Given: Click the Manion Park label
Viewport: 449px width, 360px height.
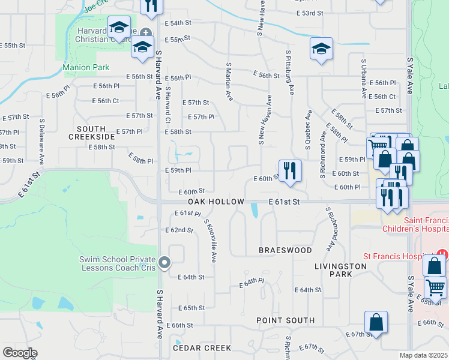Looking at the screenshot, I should [x=86, y=68].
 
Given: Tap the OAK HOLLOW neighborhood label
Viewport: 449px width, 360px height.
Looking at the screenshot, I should [x=216, y=202].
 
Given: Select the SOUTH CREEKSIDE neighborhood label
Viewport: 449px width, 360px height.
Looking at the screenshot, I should [x=91, y=133].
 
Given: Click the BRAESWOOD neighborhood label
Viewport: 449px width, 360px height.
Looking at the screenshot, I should [x=285, y=250].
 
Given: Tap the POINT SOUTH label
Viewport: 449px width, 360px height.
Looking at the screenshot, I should [x=285, y=320].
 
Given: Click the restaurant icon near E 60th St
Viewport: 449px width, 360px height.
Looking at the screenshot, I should [x=290, y=170].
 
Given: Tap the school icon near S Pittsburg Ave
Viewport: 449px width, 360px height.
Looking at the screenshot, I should [x=321, y=49].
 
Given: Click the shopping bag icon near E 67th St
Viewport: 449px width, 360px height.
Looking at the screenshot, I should [x=376, y=322].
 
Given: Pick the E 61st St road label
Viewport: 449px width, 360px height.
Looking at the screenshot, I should [x=284, y=202].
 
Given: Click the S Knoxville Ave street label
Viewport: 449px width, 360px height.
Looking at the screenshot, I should [x=210, y=240].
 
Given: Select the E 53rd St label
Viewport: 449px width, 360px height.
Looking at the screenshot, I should [x=310, y=13].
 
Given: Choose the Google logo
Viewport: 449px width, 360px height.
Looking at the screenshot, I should [x=20, y=353].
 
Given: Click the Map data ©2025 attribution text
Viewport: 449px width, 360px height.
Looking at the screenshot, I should [x=424, y=355].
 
